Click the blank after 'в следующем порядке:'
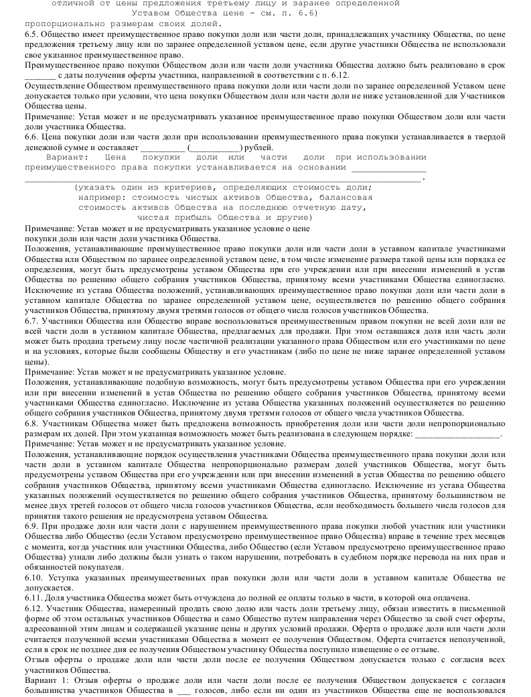(x=463, y=434)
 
